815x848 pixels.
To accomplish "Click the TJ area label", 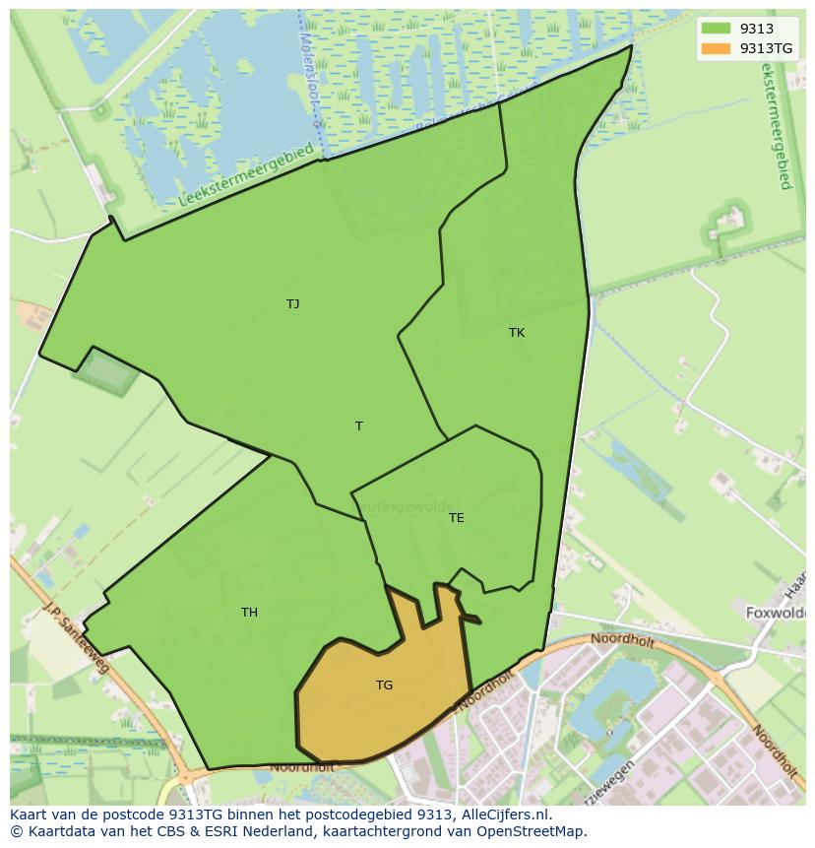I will [292, 304].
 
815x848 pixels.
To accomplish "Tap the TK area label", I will [517, 333].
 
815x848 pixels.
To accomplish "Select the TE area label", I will [457, 518].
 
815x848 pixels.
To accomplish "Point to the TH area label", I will [250, 613].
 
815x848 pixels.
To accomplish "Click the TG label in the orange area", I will [385, 685].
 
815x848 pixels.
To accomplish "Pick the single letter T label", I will [359, 426].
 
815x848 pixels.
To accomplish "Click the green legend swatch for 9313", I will [716, 30].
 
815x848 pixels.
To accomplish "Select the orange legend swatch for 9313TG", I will [716, 48].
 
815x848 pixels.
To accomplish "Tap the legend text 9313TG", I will [768, 48].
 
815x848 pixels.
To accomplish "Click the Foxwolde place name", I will [777, 612].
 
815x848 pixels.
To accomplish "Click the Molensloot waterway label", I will [306, 74].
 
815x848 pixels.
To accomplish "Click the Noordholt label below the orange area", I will [302, 766].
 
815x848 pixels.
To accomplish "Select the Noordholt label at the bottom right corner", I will [775, 750].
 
